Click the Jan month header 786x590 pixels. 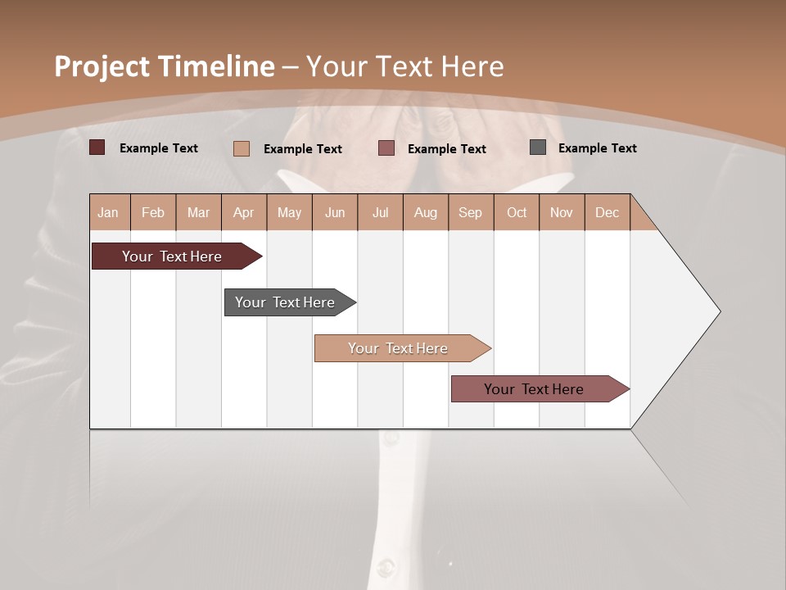coord(108,212)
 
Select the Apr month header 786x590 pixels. coord(243,212)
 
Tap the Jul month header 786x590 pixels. coord(380,212)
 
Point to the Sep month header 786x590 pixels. coord(470,212)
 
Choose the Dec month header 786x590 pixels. coord(607,212)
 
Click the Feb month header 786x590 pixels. coord(153,212)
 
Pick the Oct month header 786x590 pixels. coord(517,212)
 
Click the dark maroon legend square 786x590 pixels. coord(97,147)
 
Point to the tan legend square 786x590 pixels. coord(242,148)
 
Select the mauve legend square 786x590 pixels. coord(386,147)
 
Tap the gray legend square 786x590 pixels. coord(538,147)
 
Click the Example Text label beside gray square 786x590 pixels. coord(597,147)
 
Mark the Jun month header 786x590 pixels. coord(335,212)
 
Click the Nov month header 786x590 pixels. coord(562,212)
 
